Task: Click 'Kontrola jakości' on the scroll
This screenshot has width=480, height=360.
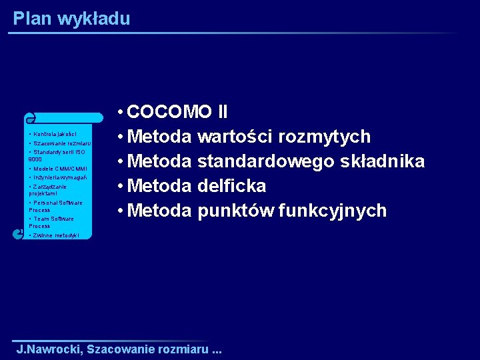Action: (x=55, y=133)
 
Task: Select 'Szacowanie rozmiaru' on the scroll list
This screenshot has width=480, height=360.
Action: (x=61, y=143)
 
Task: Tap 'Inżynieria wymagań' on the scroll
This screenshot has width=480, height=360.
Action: (x=60, y=177)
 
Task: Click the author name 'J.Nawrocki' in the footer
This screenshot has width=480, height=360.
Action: (x=49, y=349)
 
